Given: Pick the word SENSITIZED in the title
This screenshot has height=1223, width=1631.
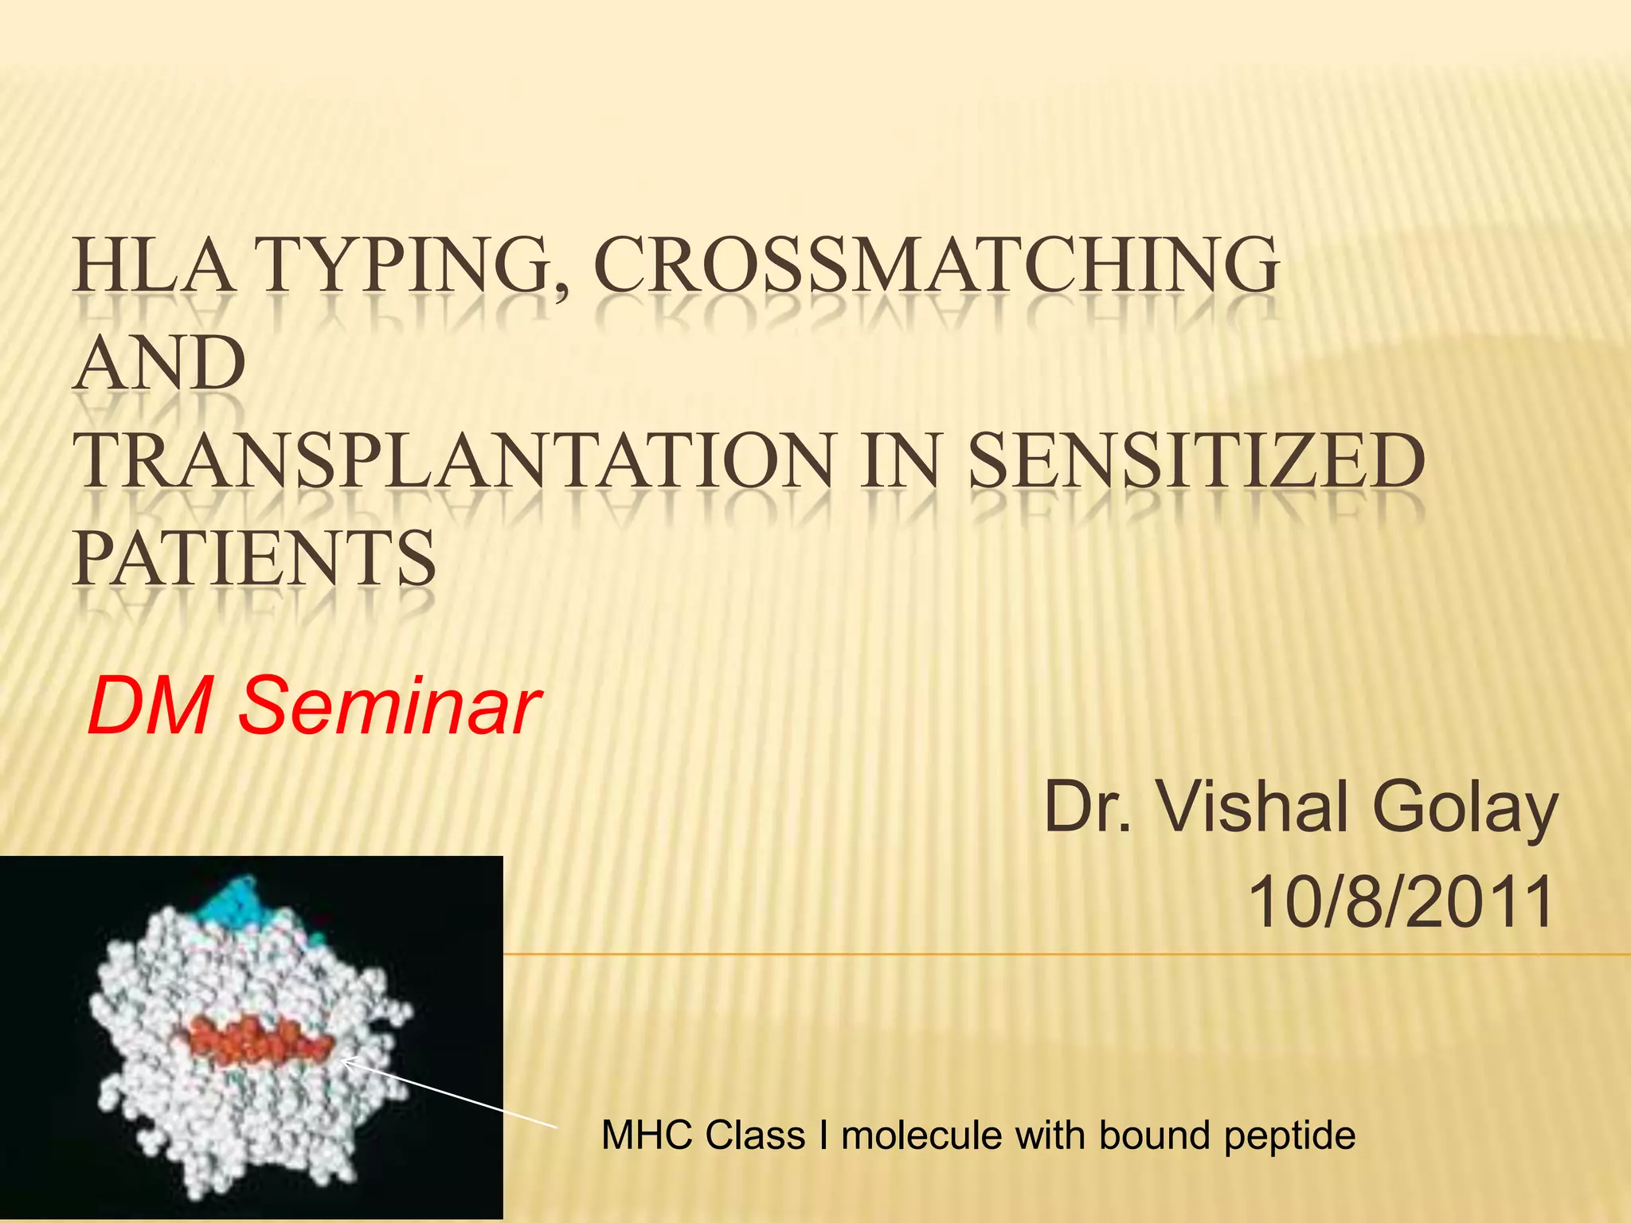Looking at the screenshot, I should [x=1196, y=462].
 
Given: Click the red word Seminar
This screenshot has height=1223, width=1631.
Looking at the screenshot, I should [x=390, y=705].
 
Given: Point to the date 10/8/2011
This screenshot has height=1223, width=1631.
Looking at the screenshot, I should [x=1402, y=902].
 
